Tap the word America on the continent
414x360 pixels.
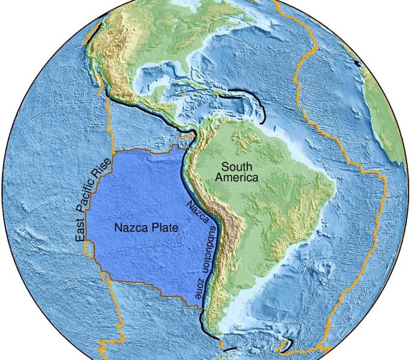coord(238,178)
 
